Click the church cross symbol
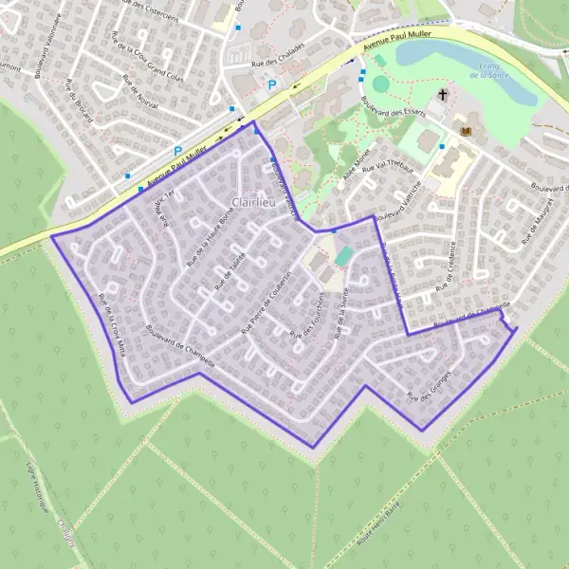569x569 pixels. coord(443,96)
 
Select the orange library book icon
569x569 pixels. coord(465,129)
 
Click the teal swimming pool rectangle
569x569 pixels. coord(345,256)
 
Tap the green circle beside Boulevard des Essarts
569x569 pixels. coord(380,83)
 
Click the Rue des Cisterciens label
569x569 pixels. coord(151,9)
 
